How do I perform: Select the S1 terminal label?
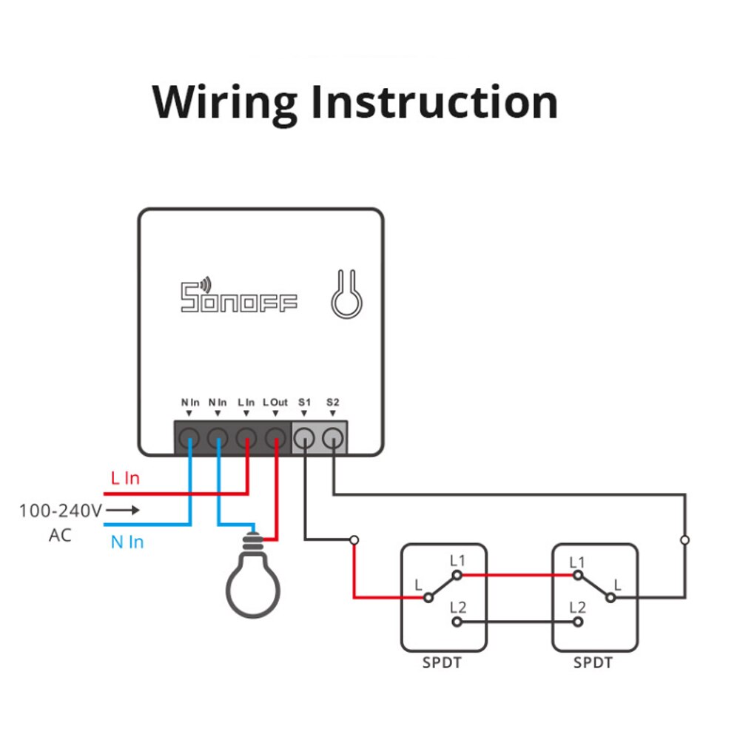pyautogui.click(x=304, y=403)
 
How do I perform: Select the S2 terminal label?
pyautogui.click(x=333, y=403)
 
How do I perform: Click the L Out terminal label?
pyautogui.click(x=275, y=403)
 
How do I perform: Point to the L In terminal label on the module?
pyautogui.click(x=246, y=403)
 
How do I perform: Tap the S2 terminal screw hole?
pyautogui.click(x=334, y=438)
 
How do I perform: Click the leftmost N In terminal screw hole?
pyautogui.click(x=190, y=438)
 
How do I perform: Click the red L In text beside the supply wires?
pyautogui.click(x=125, y=479)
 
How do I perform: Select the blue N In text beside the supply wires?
pyautogui.click(x=127, y=542)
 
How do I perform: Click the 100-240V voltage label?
pyautogui.click(x=60, y=511)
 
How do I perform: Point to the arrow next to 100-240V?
pyautogui.click(x=124, y=511)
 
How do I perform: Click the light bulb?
pyautogui.click(x=253, y=581)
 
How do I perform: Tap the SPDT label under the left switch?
pyautogui.click(x=442, y=663)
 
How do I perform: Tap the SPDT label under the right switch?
pyautogui.click(x=593, y=663)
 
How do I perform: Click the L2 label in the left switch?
pyautogui.click(x=459, y=608)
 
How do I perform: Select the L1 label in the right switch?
pyautogui.click(x=578, y=561)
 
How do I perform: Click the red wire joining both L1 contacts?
pyautogui.click(x=518, y=574)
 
